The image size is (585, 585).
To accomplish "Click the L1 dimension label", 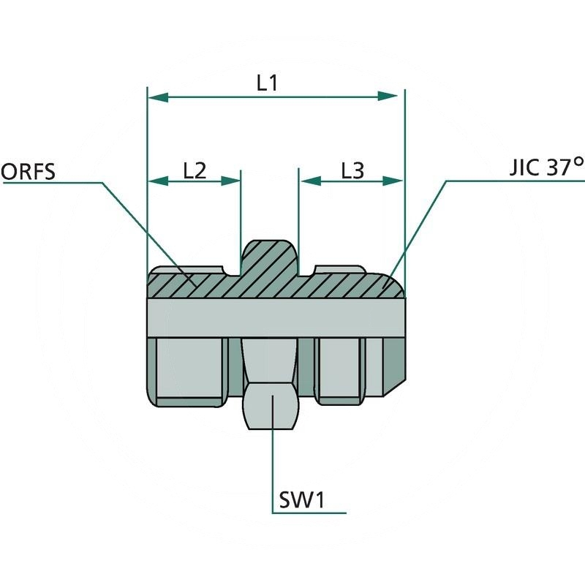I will click(x=267, y=83).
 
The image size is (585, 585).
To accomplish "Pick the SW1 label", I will click(x=301, y=501).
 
